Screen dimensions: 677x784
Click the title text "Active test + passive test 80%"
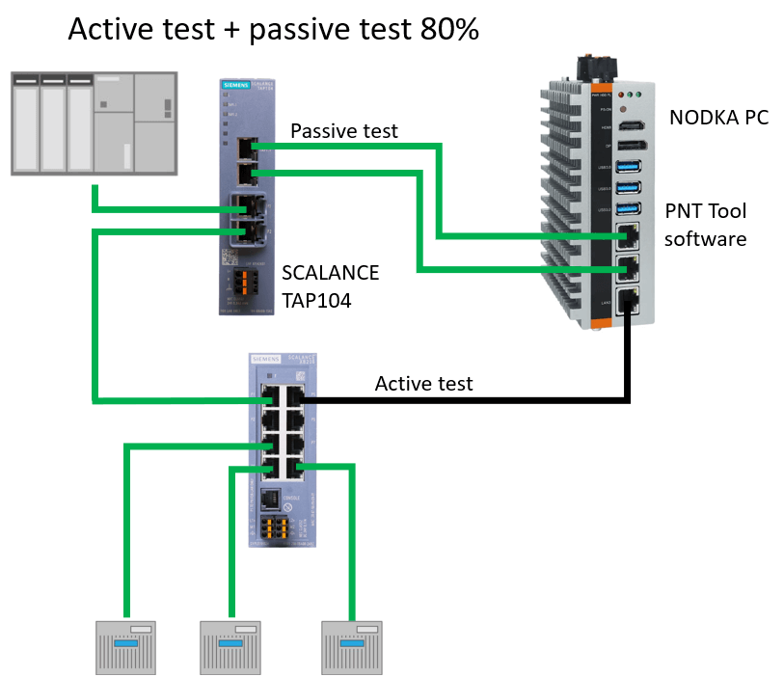[273, 30]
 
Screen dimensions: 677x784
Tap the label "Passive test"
[343, 131]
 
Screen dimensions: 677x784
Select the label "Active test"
[423, 384]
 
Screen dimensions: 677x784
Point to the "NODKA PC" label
[718, 119]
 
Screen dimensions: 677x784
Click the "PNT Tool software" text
[705, 225]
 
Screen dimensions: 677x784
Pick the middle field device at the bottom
[231, 646]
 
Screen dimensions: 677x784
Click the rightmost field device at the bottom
[353, 646]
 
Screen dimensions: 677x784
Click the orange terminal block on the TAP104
[243, 281]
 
